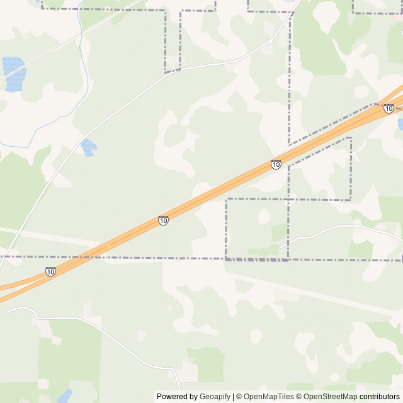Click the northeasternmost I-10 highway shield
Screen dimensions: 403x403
[389, 109]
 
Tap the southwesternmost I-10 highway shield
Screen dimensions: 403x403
[50, 271]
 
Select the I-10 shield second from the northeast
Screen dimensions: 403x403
[276, 164]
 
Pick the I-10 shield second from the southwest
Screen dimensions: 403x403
[163, 220]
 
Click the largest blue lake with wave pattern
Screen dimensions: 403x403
[14, 74]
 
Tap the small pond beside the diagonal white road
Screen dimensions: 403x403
[88, 147]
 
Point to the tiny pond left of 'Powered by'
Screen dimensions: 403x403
[65, 396]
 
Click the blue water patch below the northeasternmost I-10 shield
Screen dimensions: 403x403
[400, 124]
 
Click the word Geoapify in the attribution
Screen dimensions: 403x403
[214, 397]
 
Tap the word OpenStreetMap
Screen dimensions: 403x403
[331, 397]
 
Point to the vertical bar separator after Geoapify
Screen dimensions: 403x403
[233, 397]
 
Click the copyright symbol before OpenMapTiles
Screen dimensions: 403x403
[239, 397]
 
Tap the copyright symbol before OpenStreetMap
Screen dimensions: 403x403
[300, 397]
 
